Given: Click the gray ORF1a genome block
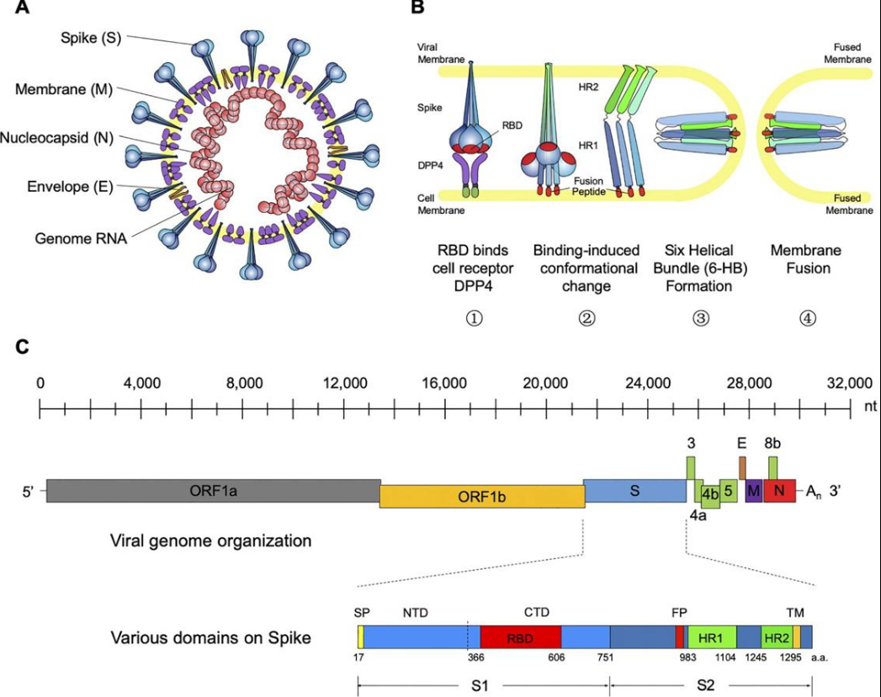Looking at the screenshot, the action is (x=214, y=491).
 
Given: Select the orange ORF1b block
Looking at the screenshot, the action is (x=482, y=497).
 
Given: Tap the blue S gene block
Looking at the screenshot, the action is (x=635, y=491).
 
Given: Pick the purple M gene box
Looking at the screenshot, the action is (x=753, y=491).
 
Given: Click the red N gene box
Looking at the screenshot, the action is (x=779, y=491).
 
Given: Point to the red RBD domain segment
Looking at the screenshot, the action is (x=520, y=637).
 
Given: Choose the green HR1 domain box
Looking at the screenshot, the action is (x=712, y=637).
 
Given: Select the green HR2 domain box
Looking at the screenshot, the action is (x=777, y=637).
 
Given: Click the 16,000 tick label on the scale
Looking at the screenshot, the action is (x=444, y=383).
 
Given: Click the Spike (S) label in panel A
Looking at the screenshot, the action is (x=91, y=39).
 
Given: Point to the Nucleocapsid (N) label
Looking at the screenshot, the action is (x=56, y=138).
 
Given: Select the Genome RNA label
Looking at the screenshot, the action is (x=81, y=238).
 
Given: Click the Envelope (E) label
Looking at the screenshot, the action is (x=70, y=187).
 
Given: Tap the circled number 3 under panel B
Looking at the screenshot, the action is (x=700, y=318).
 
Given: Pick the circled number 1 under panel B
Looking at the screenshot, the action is (x=474, y=318).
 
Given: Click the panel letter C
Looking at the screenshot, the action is (x=22, y=347).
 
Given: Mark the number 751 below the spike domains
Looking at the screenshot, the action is (x=605, y=657).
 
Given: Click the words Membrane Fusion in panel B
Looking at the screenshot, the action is (x=806, y=258).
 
